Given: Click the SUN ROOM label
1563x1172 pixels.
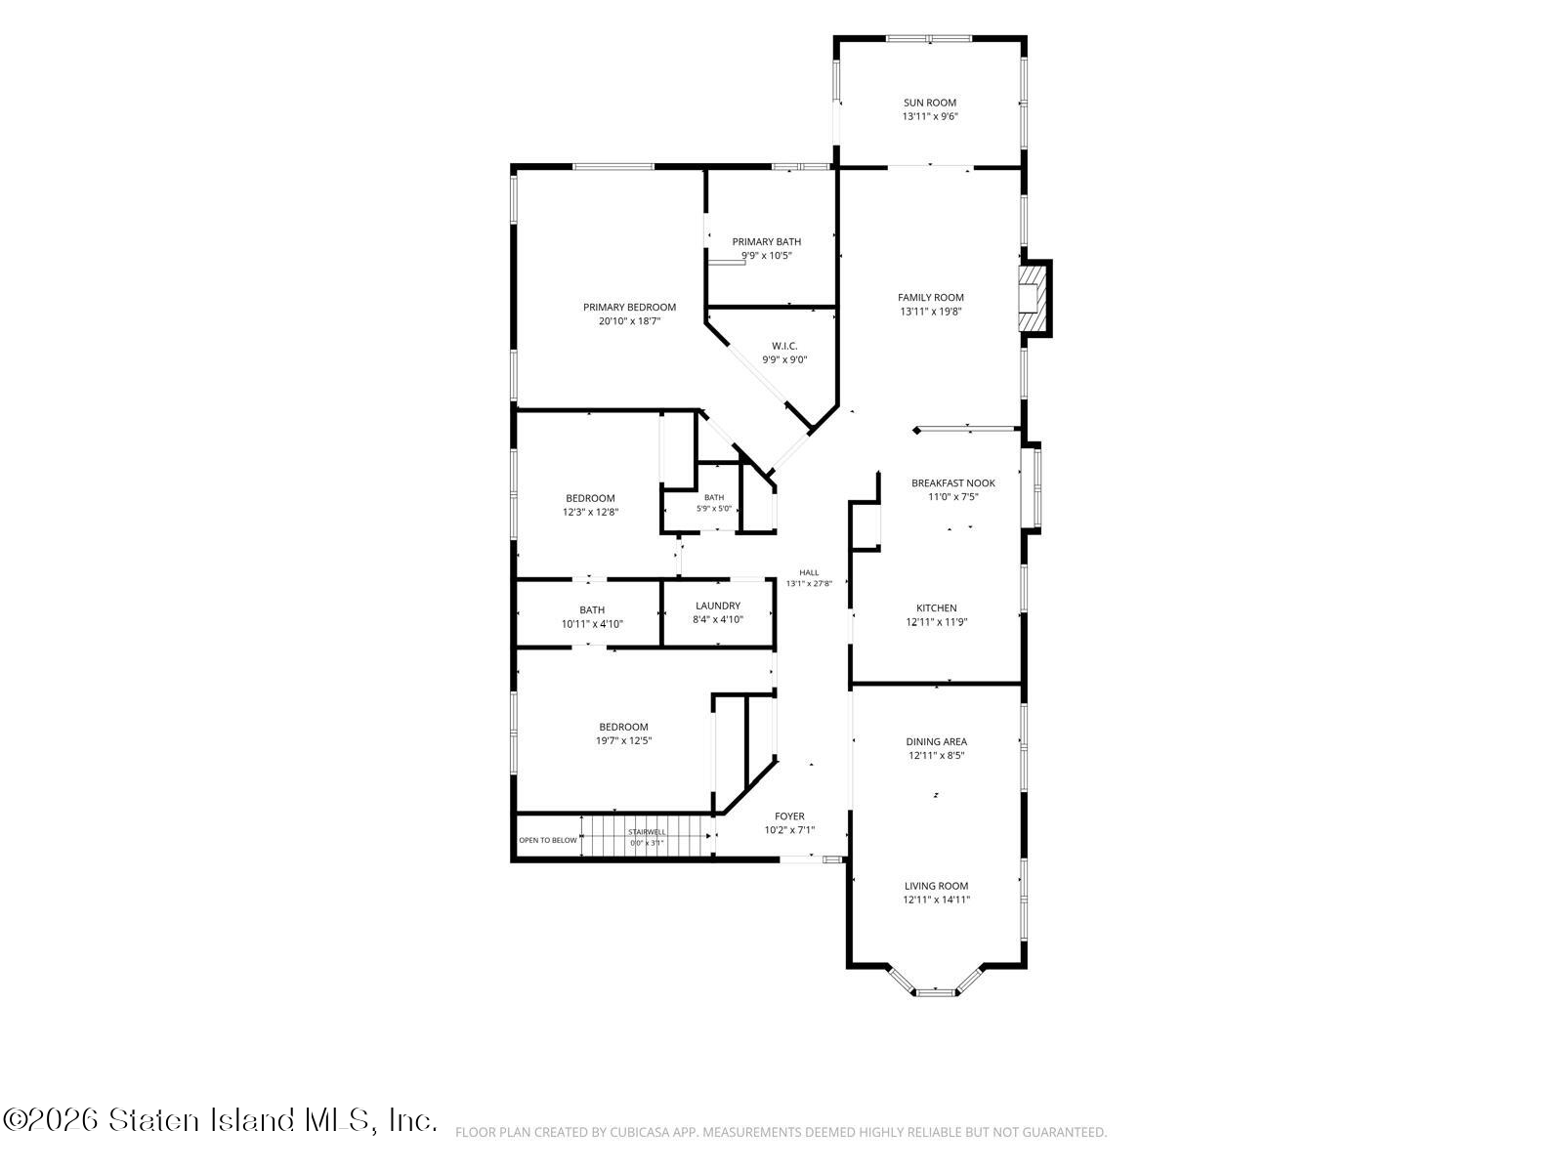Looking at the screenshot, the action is pos(929,103).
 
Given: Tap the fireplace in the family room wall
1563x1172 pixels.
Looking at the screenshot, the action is pos(1035,298).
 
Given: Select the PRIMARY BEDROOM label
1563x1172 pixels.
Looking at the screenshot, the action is pos(629,308).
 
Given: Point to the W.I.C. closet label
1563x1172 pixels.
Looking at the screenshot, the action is pos(784,347).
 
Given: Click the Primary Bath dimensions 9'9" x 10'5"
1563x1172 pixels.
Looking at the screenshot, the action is pos(766,256).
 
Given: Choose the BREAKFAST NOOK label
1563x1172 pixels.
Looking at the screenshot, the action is pos(952,483).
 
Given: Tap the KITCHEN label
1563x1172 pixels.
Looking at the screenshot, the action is pos(937,608).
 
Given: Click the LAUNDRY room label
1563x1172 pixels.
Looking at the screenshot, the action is pos(718,607).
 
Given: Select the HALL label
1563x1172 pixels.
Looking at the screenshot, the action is pos(809,572).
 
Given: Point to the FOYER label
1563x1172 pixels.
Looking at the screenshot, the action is pos(789,816).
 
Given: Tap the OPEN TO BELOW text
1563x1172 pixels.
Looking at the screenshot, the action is pos(548,840).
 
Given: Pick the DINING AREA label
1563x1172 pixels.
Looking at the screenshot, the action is pos(937,741).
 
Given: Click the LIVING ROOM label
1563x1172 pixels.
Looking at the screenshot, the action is pos(937,886).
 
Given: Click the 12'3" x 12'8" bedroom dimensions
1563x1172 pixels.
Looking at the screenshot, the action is pos(590,512).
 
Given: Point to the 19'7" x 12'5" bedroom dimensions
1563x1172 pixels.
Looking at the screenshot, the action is pos(624,740).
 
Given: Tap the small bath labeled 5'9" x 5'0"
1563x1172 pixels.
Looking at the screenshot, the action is pos(714,502).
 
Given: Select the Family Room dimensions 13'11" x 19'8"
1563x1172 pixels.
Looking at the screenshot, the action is pos(931,311).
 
